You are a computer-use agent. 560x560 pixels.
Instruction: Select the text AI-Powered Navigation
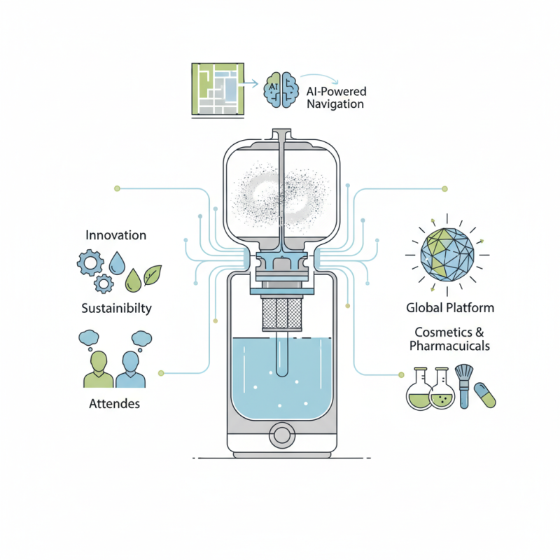point(336,98)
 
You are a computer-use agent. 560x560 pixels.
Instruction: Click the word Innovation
point(116,235)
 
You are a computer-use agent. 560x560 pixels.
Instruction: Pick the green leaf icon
point(153,274)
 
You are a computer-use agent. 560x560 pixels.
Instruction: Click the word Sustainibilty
point(116,308)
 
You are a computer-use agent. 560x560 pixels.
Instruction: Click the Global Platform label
point(450,308)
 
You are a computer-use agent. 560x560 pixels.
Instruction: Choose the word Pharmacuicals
point(449,346)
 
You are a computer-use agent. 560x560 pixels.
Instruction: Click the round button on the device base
point(282,435)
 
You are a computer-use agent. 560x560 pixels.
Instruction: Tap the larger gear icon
point(90,263)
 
